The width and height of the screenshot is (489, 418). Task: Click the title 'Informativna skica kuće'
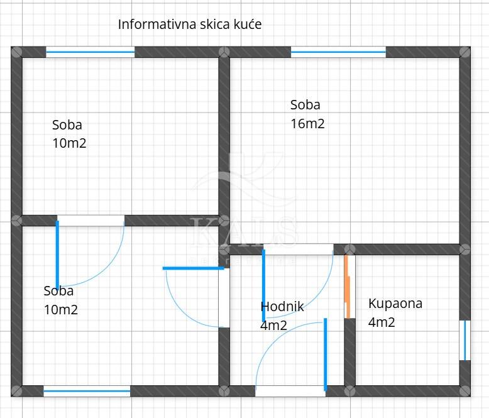coord(190,25)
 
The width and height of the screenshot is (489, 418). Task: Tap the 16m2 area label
coord(307,124)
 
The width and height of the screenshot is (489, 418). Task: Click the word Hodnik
coord(282,307)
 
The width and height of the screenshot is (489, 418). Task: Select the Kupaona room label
coord(395,304)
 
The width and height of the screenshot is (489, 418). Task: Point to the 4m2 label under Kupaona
coord(382,322)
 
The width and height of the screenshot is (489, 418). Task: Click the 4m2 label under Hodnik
coord(273,326)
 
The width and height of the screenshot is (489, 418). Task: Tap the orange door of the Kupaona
coord(346,286)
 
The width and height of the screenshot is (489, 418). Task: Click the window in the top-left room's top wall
coord(91,52)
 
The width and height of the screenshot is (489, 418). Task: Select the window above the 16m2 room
coord(338,52)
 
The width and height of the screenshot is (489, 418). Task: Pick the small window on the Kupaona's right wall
coord(465,341)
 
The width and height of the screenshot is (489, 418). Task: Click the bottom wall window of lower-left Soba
coord(87,391)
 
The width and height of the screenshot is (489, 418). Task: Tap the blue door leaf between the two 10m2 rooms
coord(57,254)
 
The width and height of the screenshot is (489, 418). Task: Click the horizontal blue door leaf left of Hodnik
coord(194,268)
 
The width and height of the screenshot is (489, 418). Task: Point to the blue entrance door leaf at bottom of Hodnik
coord(325,354)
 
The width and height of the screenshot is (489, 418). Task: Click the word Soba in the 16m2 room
coord(305,105)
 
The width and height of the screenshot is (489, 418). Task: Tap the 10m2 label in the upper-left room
coord(69,143)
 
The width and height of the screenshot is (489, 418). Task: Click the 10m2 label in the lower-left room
coord(61,309)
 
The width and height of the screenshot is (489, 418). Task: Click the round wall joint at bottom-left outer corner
coord(16,390)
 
